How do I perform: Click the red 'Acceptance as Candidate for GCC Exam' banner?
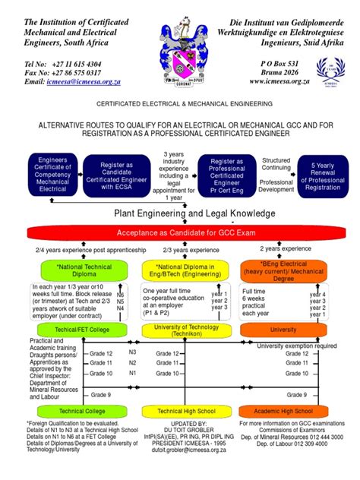point(180,233)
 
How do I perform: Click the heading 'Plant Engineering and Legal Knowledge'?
point(180,213)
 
